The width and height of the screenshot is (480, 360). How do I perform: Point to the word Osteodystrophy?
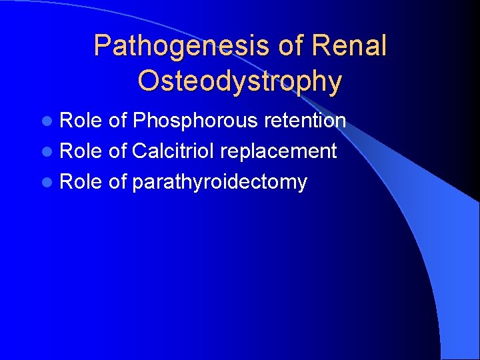click(x=240, y=81)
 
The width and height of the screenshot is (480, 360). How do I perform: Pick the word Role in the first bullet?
click(x=81, y=121)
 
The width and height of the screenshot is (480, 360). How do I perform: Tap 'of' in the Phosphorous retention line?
click(x=117, y=121)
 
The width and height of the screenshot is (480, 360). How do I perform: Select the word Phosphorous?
click(x=195, y=121)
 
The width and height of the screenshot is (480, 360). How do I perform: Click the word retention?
click(x=305, y=121)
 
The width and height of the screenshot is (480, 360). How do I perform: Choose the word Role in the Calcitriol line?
click(x=81, y=151)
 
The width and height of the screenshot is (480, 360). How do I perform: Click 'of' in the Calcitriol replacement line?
click(x=117, y=151)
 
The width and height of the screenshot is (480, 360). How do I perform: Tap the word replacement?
click(x=278, y=152)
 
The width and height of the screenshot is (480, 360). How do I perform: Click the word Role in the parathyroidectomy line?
click(x=81, y=182)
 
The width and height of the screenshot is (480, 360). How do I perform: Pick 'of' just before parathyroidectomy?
click(x=117, y=182)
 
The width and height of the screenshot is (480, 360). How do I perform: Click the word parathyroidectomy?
click(x=219, y=183)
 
